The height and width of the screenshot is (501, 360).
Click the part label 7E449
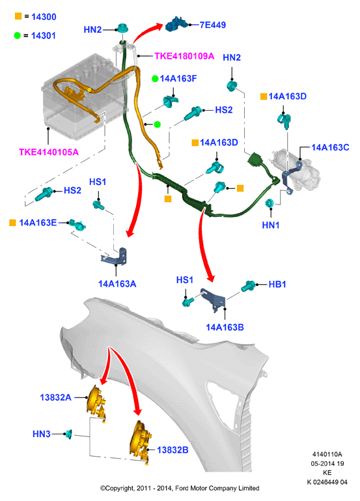coord(213,25)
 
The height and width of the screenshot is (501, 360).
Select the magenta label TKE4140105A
coord(49,152)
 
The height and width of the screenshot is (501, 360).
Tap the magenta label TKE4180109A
coord(184,56)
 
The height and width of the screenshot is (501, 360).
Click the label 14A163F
coord(178,79)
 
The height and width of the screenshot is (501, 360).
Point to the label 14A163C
coord(330,147)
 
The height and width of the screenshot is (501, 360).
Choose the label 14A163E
coord(38,223)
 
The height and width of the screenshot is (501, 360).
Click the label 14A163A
coord(117,284)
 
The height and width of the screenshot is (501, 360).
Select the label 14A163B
coord(225,327)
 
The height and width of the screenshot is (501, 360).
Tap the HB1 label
coord(277,284)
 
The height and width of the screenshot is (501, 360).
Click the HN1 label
coord(271,225)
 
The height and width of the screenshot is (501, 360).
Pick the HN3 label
coord(42,434)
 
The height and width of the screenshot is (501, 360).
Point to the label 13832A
coord(55,397)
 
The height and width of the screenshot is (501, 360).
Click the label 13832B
coord(173,450)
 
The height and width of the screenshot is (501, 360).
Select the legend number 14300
coord(44,17)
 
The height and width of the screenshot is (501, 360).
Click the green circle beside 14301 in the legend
coord(17,35)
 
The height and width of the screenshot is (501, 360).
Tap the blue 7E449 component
coord(176,24)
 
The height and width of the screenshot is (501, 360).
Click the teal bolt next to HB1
coord(248,285)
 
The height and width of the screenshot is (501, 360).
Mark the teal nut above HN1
coord(270,203)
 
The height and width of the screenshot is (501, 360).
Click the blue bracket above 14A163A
coord(116,257)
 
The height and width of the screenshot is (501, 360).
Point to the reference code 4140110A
coord(327,454)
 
